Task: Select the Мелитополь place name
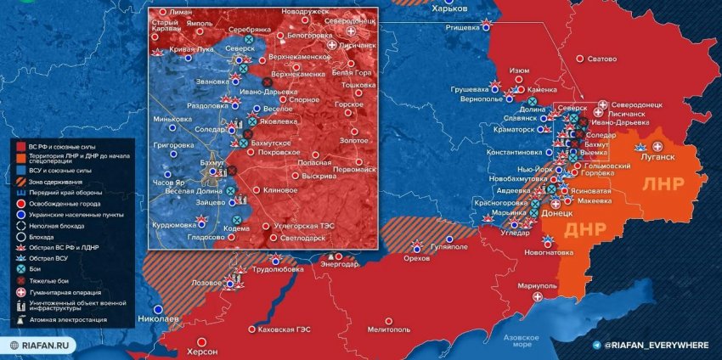(x=390, y=329)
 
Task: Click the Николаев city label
(x=158, y=319)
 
